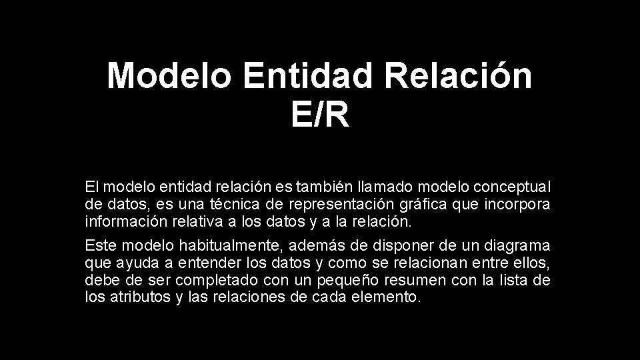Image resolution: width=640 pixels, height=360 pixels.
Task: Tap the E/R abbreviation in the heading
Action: tap(320, 116)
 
